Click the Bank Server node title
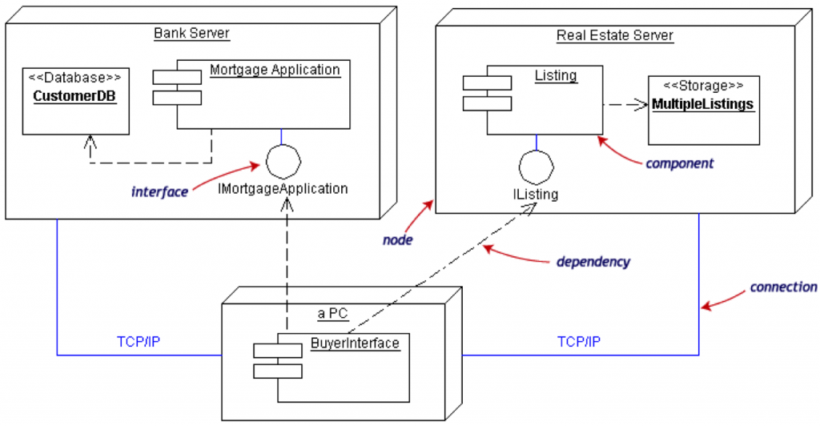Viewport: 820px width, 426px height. point(191,34)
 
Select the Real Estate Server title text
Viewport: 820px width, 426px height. point(614,35)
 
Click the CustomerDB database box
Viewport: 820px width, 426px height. point(75,101)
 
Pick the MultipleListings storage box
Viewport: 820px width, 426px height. point(702,111)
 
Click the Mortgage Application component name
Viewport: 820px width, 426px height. point(275,70)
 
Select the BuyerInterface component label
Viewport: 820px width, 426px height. point(354,344)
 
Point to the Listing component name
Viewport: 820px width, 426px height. point(555,75)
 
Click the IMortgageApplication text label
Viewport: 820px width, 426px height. point(283,190)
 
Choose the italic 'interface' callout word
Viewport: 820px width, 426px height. point(159,192)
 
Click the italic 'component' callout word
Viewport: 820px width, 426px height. point(679,163)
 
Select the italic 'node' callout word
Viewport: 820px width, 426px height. point(397,239)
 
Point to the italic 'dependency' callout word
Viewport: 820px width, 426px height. point(593,262)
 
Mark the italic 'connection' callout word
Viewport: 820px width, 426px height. point(783,287)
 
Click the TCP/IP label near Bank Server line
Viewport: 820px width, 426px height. point(139,341)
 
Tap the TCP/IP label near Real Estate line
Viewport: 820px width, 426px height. point(579,341)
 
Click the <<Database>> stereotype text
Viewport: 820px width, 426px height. point(75,78)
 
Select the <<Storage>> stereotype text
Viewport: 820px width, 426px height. point(703,86)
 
